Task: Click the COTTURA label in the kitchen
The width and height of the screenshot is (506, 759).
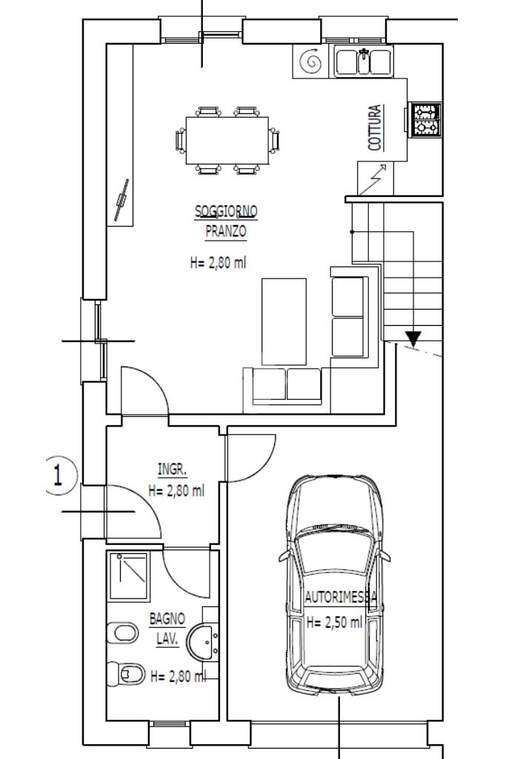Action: (x=375, y=127)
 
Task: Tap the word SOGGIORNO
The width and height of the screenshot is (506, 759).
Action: (x=226, y=212)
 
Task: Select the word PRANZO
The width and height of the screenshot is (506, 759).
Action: (x=226, y=231)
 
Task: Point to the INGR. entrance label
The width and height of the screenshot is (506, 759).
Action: (x=173, y=469)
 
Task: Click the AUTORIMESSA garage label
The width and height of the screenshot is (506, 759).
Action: (x=341, y=598)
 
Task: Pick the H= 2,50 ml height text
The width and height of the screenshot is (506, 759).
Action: (x=335, y=622)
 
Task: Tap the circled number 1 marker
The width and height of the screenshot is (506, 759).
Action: (x=58, y=475)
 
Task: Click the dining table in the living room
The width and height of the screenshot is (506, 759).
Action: (x=227, y=141)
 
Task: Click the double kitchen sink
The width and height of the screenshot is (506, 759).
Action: (x=364, y=61)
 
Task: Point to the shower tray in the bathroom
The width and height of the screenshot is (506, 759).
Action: (x=128, y=576)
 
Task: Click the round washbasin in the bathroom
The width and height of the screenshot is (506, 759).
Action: (x=203, y=642)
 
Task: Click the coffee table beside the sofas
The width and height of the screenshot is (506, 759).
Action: (x=284, y=321)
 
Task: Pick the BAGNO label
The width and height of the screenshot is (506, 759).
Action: (x=167, y=618)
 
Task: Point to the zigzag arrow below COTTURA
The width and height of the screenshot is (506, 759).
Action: (x=373, y=179)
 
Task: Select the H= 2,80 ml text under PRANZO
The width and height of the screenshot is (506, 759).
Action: (x=218, y=263)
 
